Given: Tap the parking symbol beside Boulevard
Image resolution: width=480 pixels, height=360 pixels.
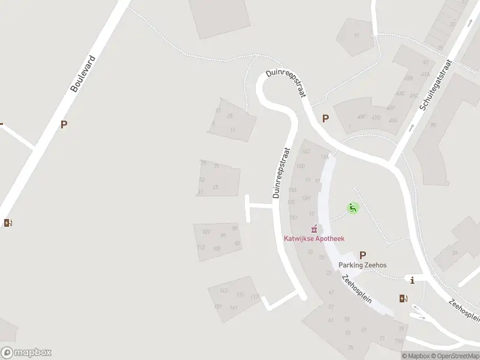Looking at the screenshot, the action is [64, 125].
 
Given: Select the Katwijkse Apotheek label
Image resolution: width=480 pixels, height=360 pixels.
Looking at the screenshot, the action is [314, 238].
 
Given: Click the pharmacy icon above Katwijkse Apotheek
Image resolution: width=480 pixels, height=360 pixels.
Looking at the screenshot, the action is [313, 229].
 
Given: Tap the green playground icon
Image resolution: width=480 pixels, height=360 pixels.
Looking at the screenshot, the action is [353, 208].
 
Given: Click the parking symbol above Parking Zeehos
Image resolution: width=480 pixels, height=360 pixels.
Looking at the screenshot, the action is [362, 255].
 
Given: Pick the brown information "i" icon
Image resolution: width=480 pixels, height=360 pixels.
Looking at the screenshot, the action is [412, 280].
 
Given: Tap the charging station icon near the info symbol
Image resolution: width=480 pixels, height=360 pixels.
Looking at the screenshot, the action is [403, 298].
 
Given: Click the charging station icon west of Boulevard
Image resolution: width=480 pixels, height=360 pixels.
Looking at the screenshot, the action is [8, 223].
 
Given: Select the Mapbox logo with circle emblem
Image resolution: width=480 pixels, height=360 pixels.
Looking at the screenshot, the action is [26, 353].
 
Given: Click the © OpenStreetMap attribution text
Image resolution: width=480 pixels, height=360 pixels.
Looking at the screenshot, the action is [455, 356].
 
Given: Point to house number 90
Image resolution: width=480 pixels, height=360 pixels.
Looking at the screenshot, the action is [433, 125].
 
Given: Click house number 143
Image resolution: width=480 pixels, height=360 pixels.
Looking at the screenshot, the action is [224, 291].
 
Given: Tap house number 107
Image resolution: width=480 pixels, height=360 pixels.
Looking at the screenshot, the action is [206, 232].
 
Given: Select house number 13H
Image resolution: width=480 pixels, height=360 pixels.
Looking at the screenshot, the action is [305, 198].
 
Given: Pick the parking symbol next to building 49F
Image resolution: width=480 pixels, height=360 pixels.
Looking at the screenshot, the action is [326, 119].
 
